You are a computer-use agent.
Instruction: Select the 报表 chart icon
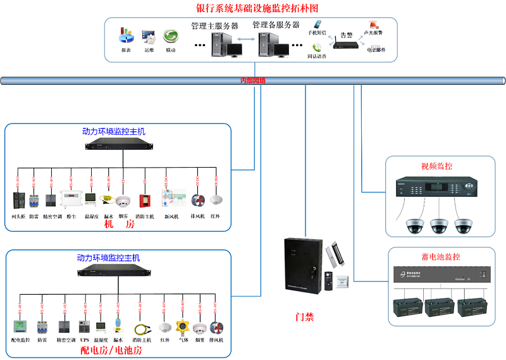[126, 35]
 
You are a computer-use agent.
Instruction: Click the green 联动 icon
[170, 36]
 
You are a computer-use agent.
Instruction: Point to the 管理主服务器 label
[214, 26]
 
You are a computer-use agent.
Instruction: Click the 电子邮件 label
[376, 50]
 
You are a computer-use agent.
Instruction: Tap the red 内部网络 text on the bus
[253, 81]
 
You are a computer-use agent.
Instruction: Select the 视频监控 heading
[437, 166]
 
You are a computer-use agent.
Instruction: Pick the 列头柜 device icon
[18, 200]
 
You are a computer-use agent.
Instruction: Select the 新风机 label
[171, 216]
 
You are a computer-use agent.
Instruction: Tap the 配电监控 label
[21, 340]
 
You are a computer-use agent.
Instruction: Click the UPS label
[84, 340]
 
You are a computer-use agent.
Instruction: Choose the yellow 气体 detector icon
[182, 328]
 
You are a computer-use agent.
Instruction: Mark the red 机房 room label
[120, 224]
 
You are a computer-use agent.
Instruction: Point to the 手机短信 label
[318, 32]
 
